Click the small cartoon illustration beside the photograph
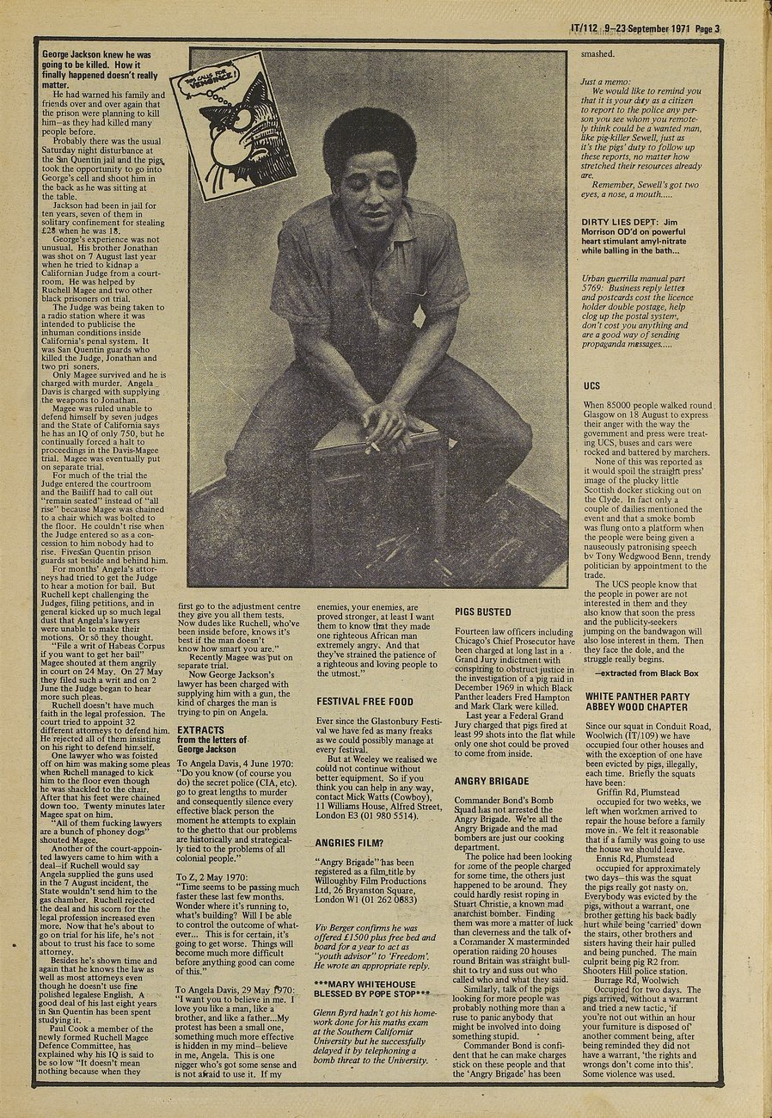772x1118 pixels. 233,126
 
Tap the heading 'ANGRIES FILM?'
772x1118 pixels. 347,818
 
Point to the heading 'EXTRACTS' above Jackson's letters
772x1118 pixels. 200,730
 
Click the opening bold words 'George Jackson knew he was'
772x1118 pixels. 100,53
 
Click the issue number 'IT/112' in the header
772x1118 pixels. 585,28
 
